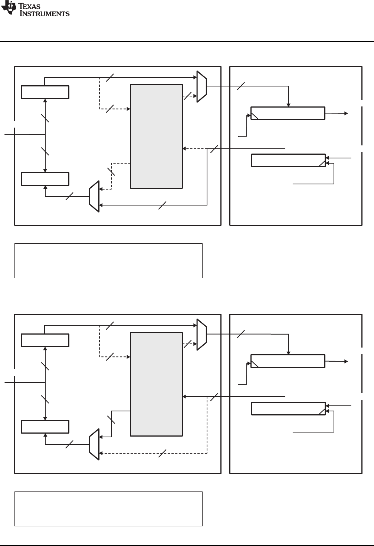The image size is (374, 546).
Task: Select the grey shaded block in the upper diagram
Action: tap(156, 136)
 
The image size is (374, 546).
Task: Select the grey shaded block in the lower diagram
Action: tap(156, 384)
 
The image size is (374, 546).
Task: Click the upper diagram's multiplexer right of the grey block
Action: tap(201, 87)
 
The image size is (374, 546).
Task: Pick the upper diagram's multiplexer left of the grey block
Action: tap(94, 197)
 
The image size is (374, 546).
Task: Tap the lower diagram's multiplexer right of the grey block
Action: tap(201, 335)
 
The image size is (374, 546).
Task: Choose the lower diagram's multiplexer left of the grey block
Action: tap(94, 445)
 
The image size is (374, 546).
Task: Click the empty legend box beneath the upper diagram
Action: tap(108, 261)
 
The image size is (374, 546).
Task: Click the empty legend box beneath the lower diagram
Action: tap(108, 509)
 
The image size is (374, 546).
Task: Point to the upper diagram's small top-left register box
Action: tap(45, 92)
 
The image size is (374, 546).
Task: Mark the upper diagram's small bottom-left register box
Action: tap(45, 179)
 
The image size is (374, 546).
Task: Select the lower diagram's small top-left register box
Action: tap(45, 340)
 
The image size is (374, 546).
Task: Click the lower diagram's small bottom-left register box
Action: tap(45, 427)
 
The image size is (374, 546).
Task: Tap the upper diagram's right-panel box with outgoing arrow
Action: tap(288, 113)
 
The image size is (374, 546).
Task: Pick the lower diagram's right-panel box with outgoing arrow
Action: tap(288, 361)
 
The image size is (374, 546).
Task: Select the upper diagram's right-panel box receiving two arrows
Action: tap(288, 160)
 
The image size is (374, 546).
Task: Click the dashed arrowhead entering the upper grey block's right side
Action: tap(184, 149)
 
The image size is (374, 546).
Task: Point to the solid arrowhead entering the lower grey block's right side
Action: tap(184, 397)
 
